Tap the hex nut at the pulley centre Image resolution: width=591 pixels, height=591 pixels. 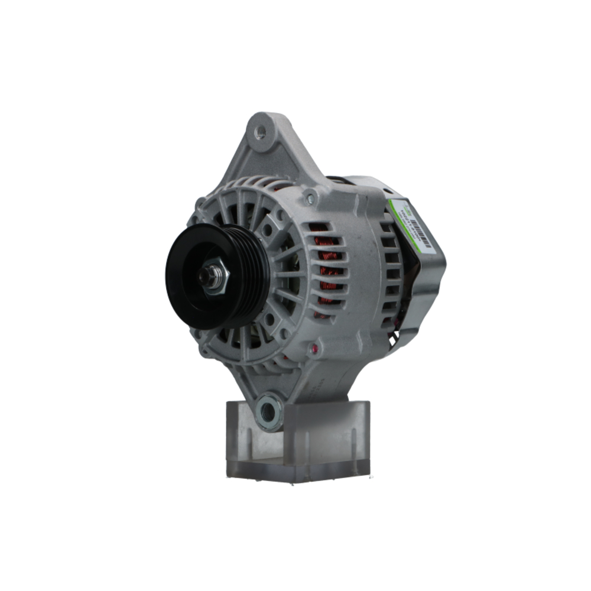(x=215, y=276)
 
